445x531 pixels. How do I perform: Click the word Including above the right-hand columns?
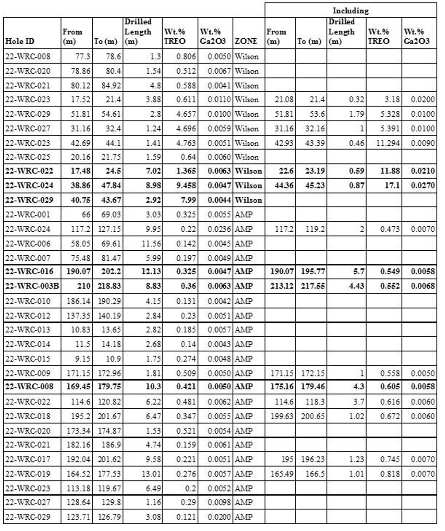[x=350, y=9]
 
